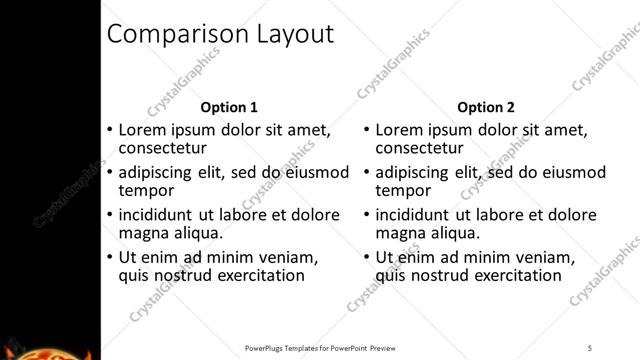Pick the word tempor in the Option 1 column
[x=147, y=191]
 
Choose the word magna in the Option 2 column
[x=402, y=233]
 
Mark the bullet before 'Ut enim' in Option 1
[x=109, y=257]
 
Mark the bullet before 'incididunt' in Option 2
[x=366, y=214]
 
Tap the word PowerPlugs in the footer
[x=267, y=348]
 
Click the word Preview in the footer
[x=382, y=348]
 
